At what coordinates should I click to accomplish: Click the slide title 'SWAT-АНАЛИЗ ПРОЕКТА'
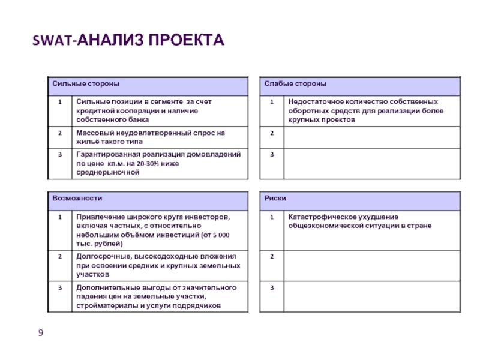tap(128, 41)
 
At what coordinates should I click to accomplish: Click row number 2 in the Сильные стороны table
tap(59, 133)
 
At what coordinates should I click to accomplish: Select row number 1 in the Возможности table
tap(59, 217)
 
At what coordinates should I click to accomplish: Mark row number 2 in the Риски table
tap(272, 257)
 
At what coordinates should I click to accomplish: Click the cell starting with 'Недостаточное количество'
tap(363, 110)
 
